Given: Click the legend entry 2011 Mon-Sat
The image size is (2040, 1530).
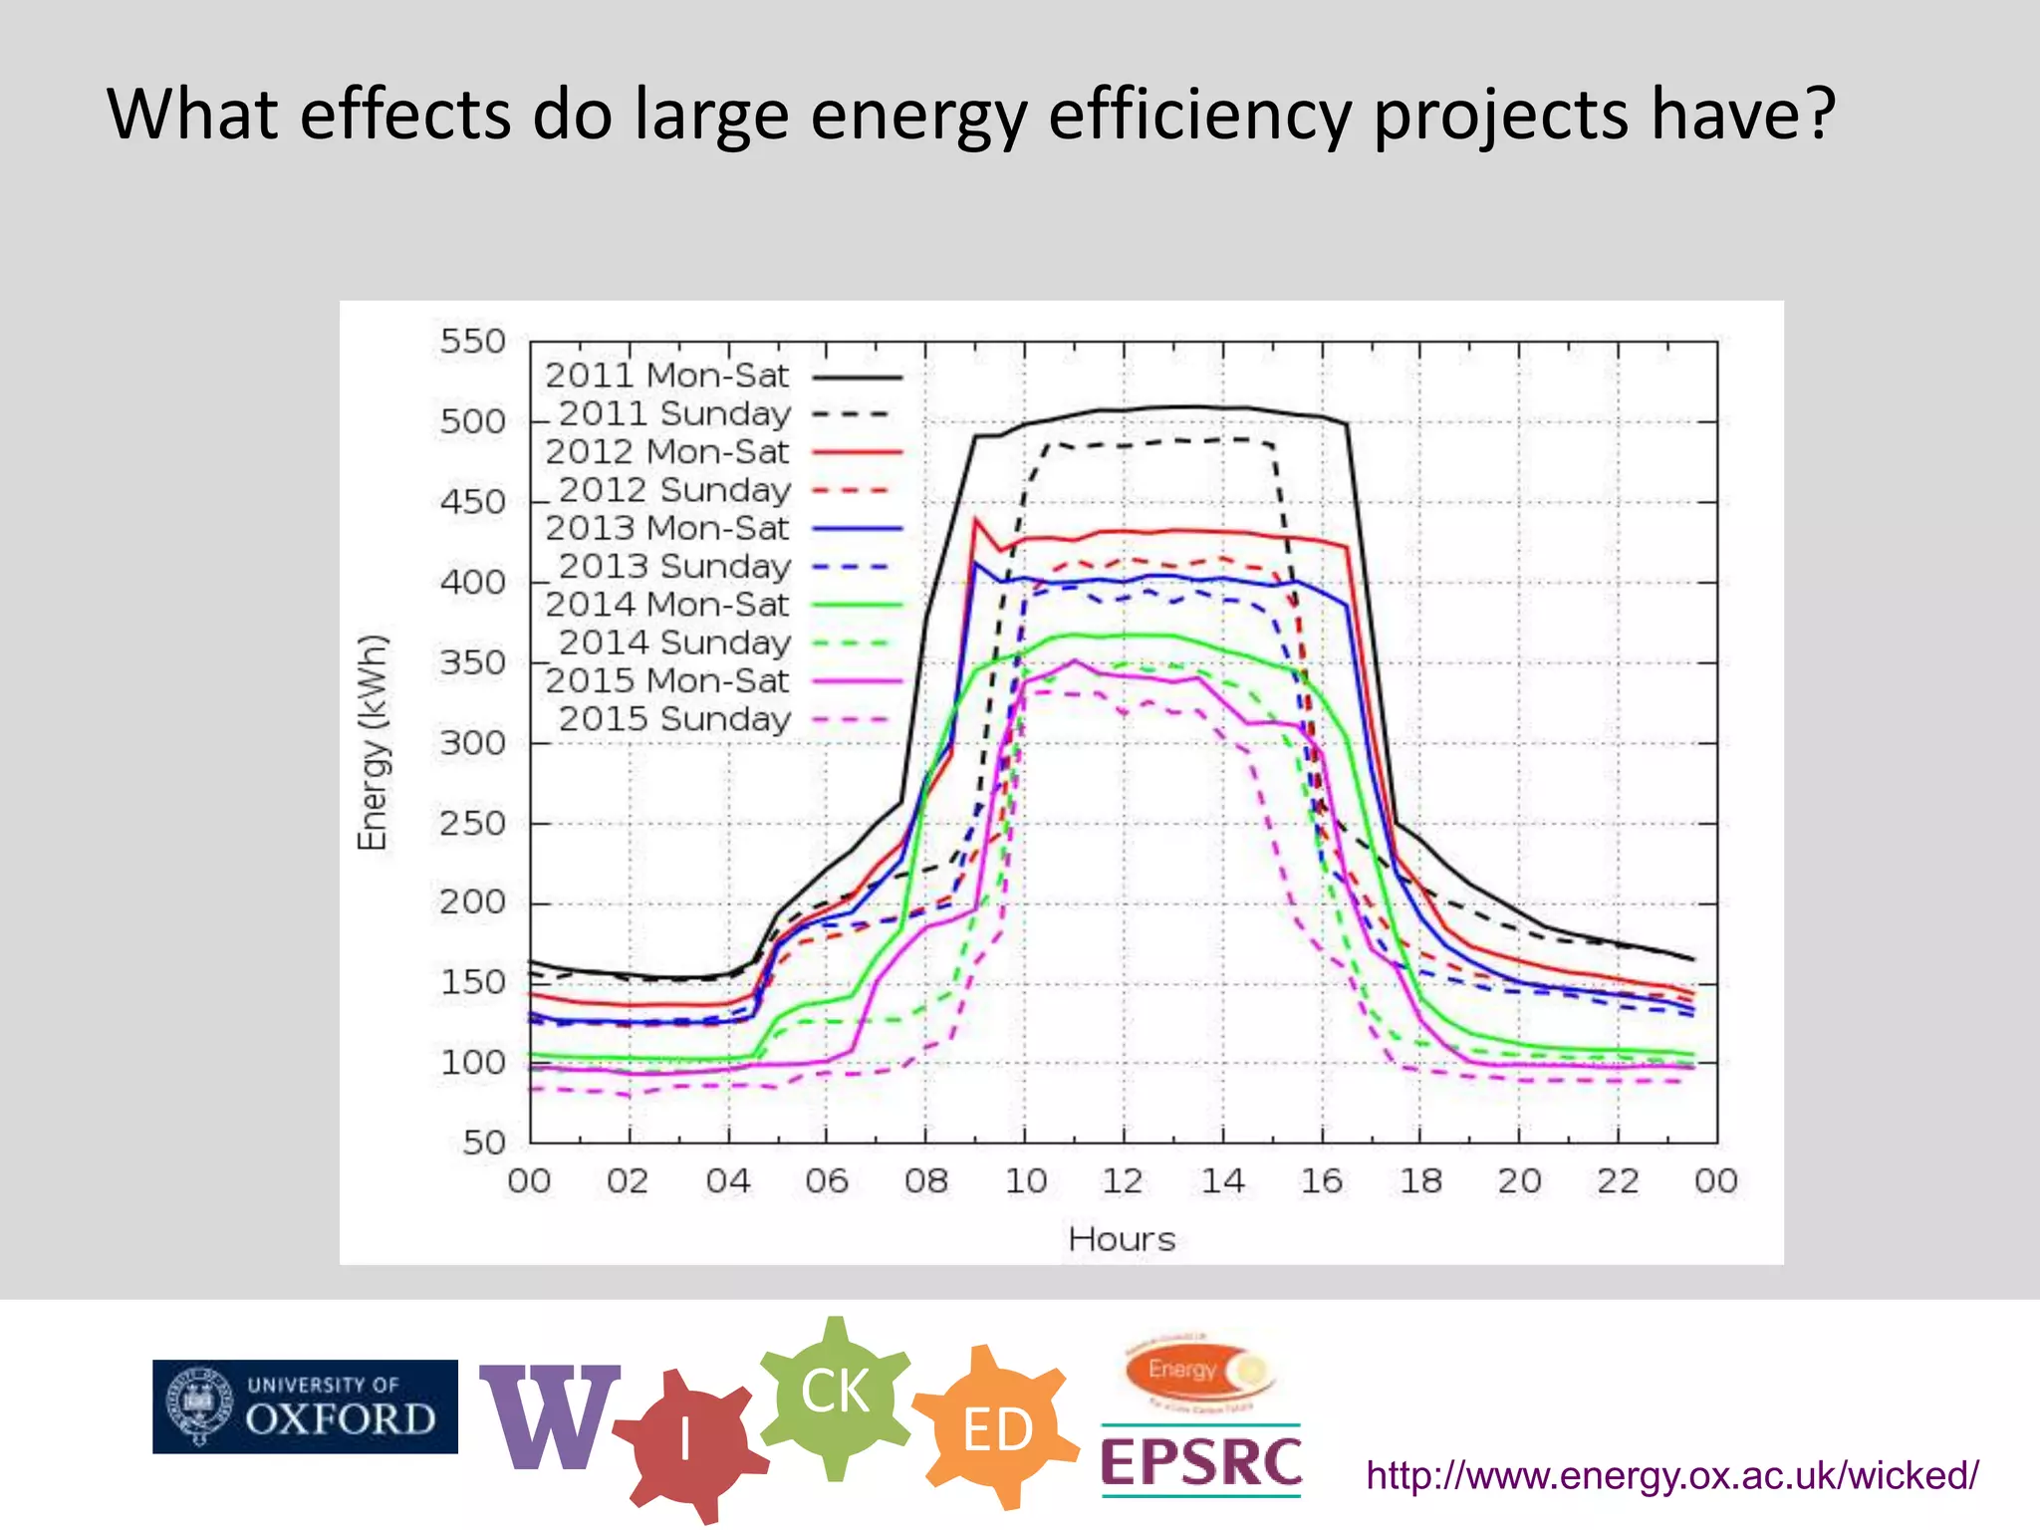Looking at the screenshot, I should click(x=666, y=376).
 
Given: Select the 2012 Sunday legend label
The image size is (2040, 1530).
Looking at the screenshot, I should click(x=674, y=490).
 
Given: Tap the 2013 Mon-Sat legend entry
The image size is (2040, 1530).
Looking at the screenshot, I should click(x=666, y=528).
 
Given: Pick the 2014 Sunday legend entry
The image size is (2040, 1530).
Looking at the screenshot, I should click(x=674, y=642).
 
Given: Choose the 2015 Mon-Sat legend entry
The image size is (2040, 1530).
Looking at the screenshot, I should click(x=666, y=681).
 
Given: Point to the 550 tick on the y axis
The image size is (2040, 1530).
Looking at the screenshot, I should click(x=473, y=342).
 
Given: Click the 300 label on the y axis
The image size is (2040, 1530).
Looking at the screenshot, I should click(x=473, y=743).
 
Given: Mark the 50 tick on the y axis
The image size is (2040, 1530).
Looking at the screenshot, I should click(x=484, y=1143).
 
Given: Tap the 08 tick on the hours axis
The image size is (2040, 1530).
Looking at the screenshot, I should click(x=925, y=1181).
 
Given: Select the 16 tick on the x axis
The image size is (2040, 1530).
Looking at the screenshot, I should click(x=1322, y=1181).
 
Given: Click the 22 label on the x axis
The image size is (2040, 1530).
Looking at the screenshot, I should click(x=1618, y=1181).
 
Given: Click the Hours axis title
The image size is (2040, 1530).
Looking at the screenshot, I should click(x=1122, y=1239).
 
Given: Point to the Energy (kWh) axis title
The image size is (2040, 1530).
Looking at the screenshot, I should click(x=373, y=743).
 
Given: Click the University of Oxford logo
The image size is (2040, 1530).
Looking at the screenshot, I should click(x=305, y=1406).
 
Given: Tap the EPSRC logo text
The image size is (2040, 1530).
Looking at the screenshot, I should click(x=1200, y=1462).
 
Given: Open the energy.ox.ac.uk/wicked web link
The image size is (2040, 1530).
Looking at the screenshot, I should click(x=1671, y=1475).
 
